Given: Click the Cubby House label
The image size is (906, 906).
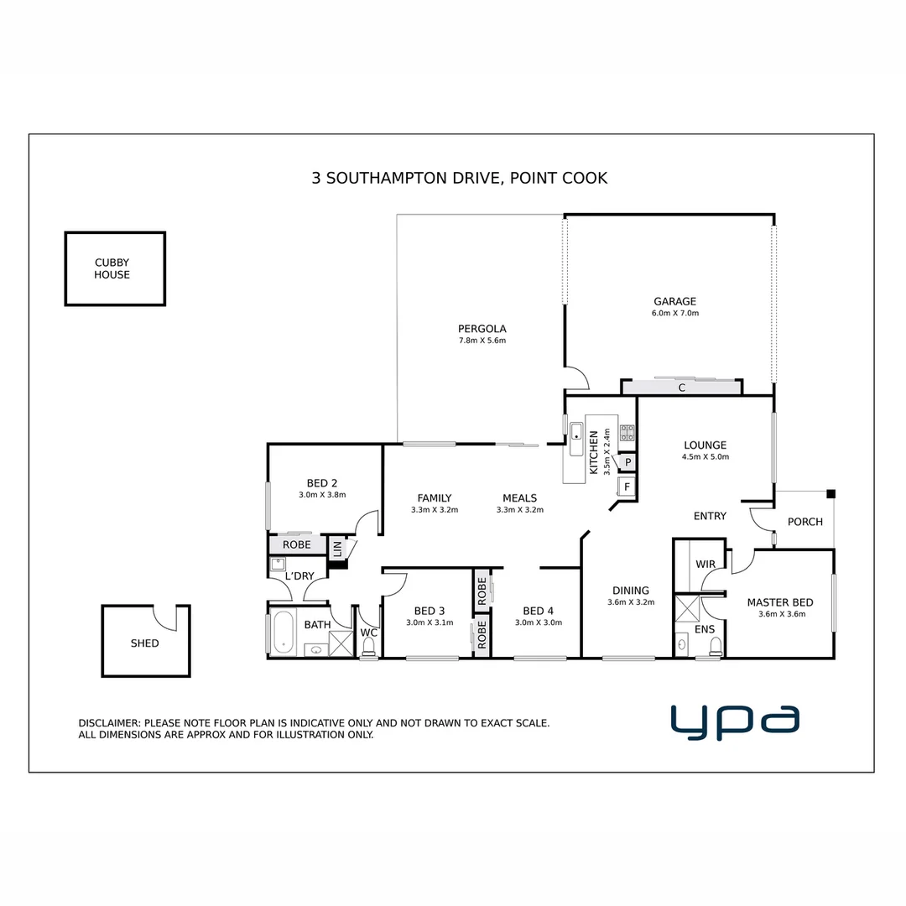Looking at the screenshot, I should [112, 268].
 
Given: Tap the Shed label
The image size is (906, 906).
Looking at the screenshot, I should [144, 643].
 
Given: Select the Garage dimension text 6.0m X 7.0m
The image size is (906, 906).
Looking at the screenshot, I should [675, 313].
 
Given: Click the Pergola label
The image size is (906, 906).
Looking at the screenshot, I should [482, 329].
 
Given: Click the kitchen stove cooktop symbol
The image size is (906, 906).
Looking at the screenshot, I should [627, 433].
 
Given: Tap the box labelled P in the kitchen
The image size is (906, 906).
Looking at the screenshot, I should [627, 462].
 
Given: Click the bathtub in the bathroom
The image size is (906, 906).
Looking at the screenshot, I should [283, 633].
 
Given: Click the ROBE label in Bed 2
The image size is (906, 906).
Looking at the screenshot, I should [296, 544].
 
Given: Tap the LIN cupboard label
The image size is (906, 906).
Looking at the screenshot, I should [337, 549].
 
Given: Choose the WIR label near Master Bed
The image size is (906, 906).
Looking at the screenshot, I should [706, 565].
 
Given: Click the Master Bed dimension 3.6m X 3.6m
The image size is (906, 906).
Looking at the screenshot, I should [779, 614].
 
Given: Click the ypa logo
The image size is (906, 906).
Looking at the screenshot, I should [735, 722].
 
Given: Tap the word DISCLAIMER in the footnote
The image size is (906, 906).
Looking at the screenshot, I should [109, 722].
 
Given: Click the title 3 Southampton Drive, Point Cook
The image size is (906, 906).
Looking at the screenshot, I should [459, 178].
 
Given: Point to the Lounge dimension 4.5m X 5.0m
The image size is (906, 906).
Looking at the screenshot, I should [705, 457].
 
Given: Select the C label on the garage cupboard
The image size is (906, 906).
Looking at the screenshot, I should [681, 388].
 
